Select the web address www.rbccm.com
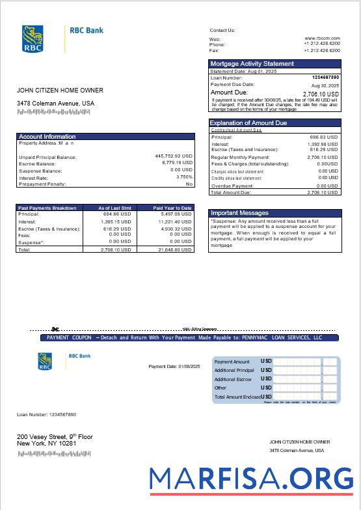tap(322, 38)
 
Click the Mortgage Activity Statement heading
tap(252, 64)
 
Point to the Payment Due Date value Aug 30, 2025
tap(325, 85)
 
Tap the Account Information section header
tap(47, 137)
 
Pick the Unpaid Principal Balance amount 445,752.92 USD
tap(174, 156)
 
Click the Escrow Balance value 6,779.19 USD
tap(177, 163)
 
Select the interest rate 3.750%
tap(184, 177)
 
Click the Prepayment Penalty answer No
tap(189, 184)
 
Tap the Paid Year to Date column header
tap(172, 208)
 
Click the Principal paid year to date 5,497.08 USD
tap(174, 214)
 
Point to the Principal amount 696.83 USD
tap(323, 137)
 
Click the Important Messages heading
tap(239, 213)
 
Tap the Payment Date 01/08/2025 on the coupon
tap(174, 367)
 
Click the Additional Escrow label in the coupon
tap(233, 379)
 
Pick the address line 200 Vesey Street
tap(55, 436)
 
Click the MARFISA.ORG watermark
tap(250, 479)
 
